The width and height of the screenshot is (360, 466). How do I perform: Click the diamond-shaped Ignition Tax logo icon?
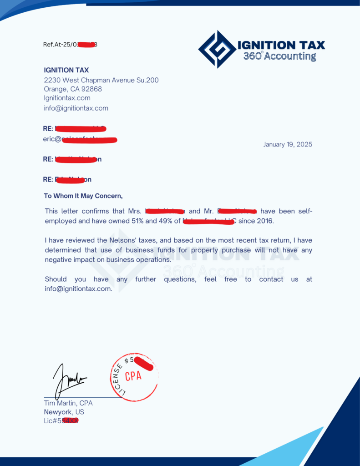point(217,49)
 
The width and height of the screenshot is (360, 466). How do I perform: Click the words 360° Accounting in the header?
point(279,56)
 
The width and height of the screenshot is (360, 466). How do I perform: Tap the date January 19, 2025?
point(288,145)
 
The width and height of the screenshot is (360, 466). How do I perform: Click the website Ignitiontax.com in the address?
point(67,98)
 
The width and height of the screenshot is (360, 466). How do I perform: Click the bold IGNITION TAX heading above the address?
point(66,70)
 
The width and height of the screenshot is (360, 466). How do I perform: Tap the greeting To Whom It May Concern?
point(83,196)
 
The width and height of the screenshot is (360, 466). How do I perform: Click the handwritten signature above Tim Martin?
point(68,379)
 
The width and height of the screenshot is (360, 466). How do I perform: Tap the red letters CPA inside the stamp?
point(133,376)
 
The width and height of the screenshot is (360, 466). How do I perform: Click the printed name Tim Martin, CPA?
point(68,403)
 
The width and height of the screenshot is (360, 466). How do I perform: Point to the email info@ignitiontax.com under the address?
point(76,108)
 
